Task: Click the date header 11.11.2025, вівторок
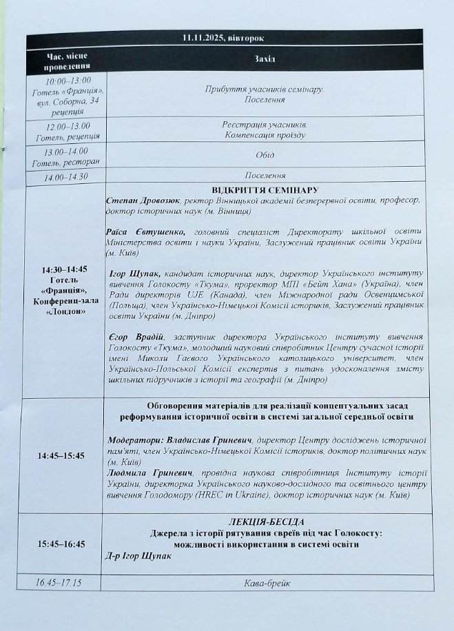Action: pos(228,39)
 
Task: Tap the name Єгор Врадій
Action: pos(138,336)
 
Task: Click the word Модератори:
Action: pos(135,439)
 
